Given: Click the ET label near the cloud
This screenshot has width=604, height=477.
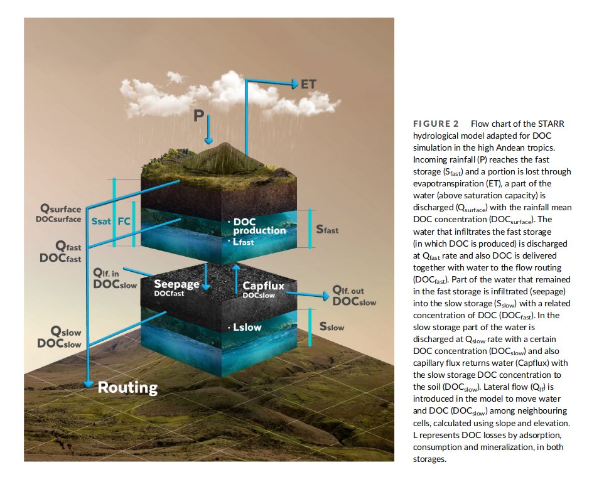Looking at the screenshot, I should click(x=308, y=83).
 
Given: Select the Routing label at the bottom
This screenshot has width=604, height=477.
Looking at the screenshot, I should click(x=127, y=387).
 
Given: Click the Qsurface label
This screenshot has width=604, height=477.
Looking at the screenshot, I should click(x=61, y=209).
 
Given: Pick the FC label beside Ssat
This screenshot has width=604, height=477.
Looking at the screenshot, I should click(x=124, y=222).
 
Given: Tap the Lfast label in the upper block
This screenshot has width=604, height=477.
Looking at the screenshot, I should click(x=242, y=242).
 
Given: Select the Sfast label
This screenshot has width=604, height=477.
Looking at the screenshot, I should click(x=327, y=230).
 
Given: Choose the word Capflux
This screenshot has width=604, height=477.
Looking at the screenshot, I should click(x=264, y=286).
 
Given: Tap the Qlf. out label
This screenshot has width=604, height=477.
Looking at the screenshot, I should click(x=348, y=291).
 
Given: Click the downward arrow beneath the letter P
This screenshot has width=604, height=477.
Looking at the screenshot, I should click(x=210, y=134).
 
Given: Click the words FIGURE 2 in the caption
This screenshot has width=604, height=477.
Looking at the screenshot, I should click(x=436, y=124).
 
